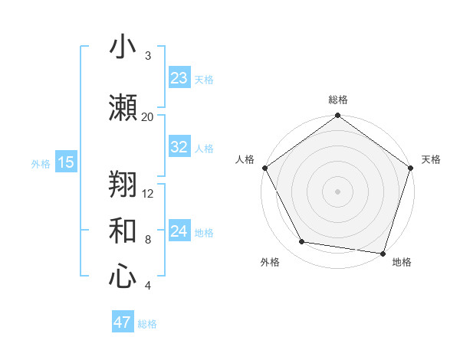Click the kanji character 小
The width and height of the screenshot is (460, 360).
point(123,48)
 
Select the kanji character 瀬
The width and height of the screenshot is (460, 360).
point(123,108)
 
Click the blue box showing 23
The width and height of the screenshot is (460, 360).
point(179,77)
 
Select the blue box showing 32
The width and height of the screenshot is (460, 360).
point(179,147)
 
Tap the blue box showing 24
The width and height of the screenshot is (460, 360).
point(179,231)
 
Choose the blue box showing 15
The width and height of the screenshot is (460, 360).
point(65,162)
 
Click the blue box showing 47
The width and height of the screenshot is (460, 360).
point(123,322)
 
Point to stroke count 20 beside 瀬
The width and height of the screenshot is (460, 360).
point(147,116)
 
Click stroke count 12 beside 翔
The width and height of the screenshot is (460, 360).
point(148,193)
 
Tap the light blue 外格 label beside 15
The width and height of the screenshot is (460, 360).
point(41,163)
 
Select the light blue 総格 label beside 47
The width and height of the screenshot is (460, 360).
point(147,324)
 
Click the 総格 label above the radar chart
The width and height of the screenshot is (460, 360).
point(337,100)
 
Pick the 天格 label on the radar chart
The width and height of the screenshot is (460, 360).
point(431,159)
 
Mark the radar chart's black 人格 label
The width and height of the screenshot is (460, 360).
point(245,159)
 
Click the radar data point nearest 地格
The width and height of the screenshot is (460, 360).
point(383,253)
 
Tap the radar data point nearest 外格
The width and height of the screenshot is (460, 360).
point(302,242)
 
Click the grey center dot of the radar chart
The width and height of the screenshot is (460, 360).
point(337,191)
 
